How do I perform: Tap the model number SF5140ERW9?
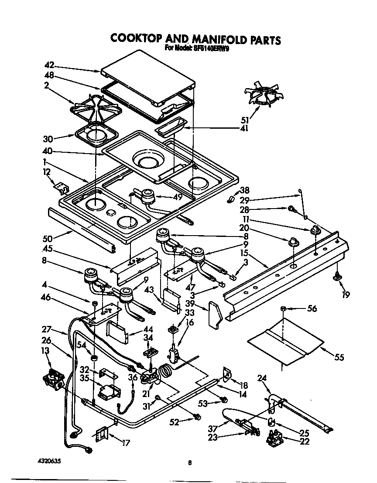211,49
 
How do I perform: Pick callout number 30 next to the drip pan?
48,139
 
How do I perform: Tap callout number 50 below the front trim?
48,238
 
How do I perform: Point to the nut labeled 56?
283,309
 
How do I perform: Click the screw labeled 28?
291,209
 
